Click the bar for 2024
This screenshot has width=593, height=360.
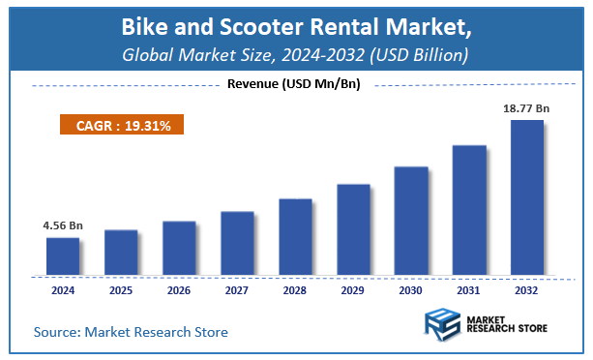pos(63,255)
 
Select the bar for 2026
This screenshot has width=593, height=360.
pos(179,248)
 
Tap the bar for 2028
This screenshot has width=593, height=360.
pos(295,236)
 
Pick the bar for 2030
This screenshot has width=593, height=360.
pos(411,220)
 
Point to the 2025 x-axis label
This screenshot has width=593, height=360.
pos(121,289)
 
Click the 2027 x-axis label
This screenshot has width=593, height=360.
pos(237,289)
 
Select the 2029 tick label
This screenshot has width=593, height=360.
pos(353,289)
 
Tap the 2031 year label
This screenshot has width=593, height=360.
pos(469,289)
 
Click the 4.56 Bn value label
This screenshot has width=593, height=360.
pos(62,225)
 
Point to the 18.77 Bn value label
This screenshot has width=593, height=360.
pos(526,108)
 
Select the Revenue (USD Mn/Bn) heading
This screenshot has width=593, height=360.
pos(293,85)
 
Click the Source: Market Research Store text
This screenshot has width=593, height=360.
pos(131,332)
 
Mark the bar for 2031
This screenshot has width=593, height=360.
pos(469,209)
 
